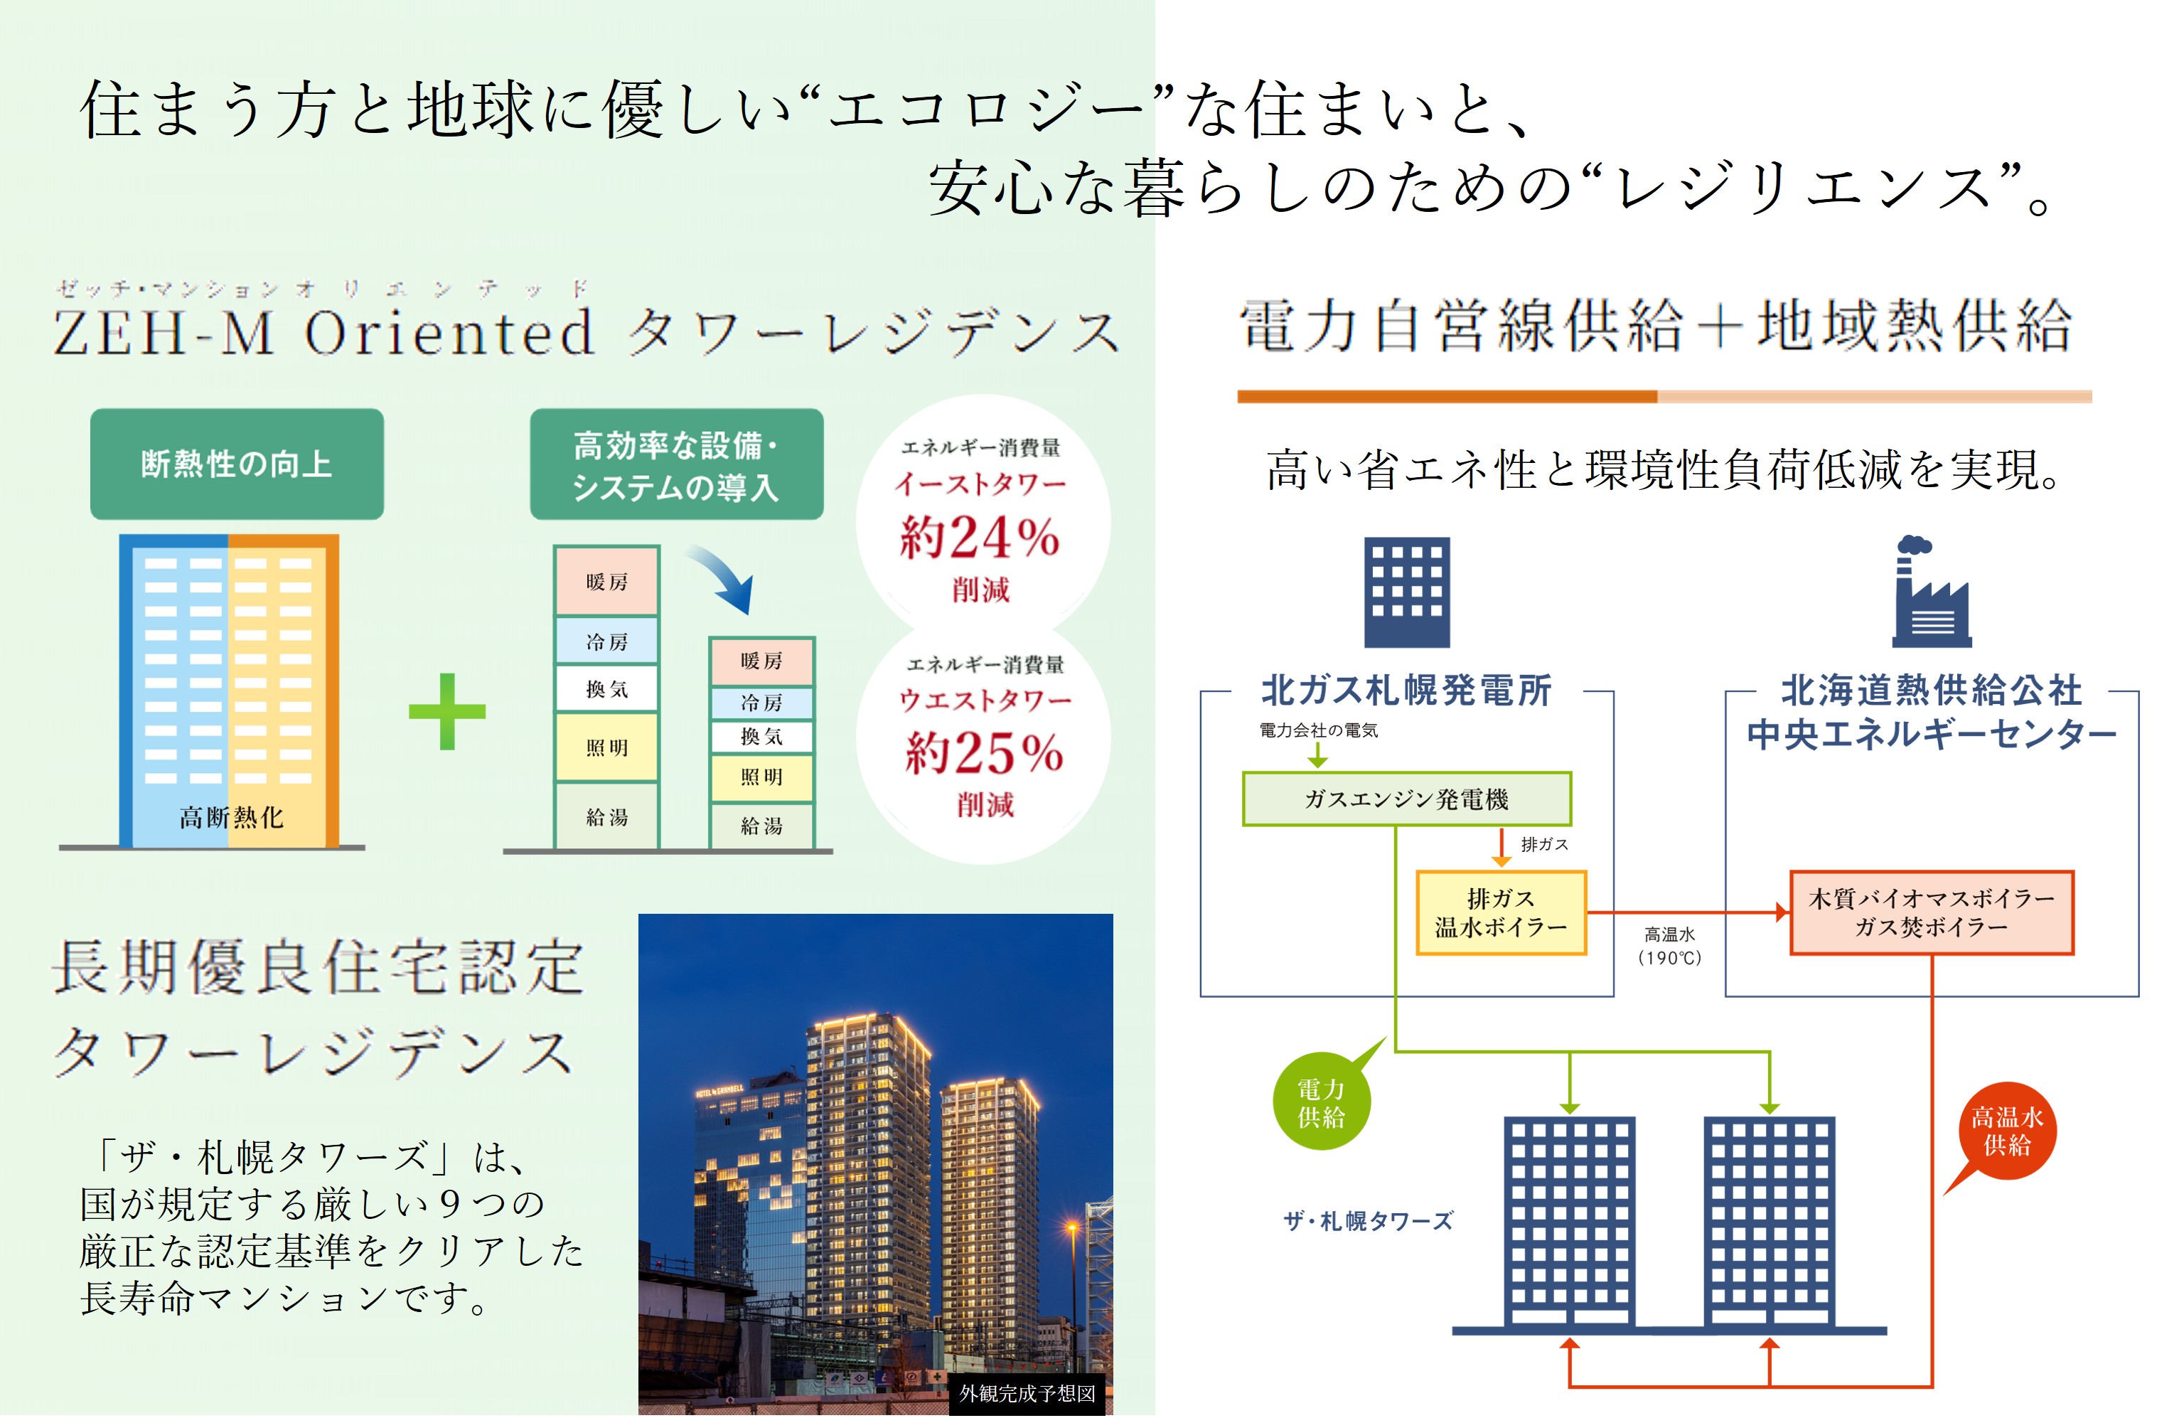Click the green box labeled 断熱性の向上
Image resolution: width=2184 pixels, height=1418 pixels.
tap(237, 464)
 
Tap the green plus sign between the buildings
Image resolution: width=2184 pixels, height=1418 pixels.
tap(447, 711)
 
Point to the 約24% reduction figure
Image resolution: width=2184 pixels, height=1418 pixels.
tap(980, 537)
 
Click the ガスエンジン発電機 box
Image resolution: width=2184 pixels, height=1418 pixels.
tap(1406, 799)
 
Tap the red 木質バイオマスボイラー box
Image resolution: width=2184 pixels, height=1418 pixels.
tap(1931, 913)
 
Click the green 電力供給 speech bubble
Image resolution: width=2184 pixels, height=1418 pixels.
tap(1322, 1102)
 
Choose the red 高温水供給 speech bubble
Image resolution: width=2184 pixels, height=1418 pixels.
tap(2007, 1131)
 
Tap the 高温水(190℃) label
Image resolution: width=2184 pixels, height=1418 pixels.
tap(1669, 945)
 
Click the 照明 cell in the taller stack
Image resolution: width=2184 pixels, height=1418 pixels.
tap(606, 748)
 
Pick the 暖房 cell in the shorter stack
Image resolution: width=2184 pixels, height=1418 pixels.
tap(761, 661)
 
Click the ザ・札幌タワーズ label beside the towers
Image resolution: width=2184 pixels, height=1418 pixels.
tap(1367, 1221)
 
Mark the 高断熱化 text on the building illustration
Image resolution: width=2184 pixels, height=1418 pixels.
tap(231, 817)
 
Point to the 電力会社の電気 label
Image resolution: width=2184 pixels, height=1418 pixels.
tap(1318, 730)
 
